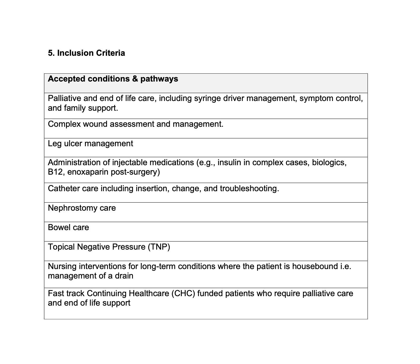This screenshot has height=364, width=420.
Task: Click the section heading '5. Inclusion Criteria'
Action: click(x=86, y=53)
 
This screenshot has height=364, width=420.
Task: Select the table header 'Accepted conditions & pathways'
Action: click(x=113, y=79)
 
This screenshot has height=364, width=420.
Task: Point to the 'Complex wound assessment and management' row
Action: click(x=136, y=124)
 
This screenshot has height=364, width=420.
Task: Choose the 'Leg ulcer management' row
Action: click(x=90, y=144)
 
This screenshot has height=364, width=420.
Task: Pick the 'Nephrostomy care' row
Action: click(x=82, y=208)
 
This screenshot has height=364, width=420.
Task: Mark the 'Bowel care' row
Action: click(x=68, y=227)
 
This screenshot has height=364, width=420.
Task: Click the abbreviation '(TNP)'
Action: click(x=159, y=247)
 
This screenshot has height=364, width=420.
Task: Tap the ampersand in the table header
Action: click(x=135, y=79)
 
